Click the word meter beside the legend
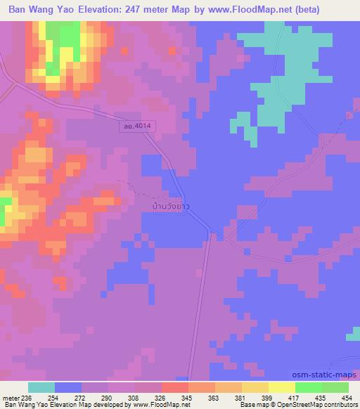11,398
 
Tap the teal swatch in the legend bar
41,387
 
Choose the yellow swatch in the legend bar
281,387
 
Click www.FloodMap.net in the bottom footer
150,405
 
